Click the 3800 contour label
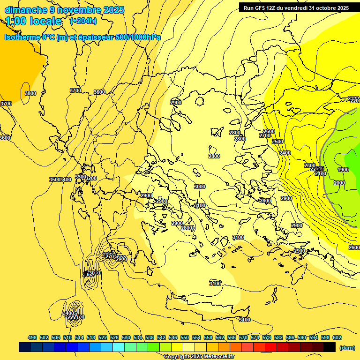coord(30,93)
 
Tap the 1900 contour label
coord(343,170)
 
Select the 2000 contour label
coord(339,183)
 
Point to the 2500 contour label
coord(277,142)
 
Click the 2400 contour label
coord(285,153)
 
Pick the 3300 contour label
coord(80,177)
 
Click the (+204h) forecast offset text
coord(83,21)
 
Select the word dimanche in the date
coord(26,9)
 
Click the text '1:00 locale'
coord(33,21)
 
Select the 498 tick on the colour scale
coord(32,337)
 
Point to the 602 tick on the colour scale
coord(337,337)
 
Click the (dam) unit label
coord(347,347)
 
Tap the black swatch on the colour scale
coord(330,347)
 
